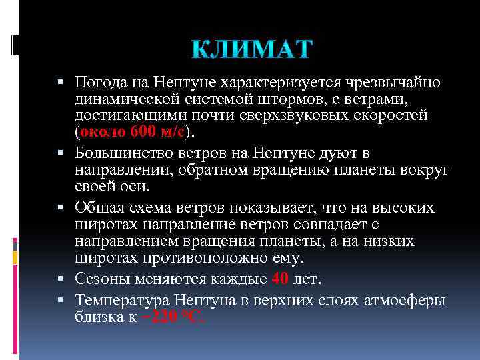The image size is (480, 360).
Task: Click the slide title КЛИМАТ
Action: tap(251, 49)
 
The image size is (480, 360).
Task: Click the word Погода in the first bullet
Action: tap(98, 83)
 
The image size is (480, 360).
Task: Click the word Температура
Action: tap(117, 300)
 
